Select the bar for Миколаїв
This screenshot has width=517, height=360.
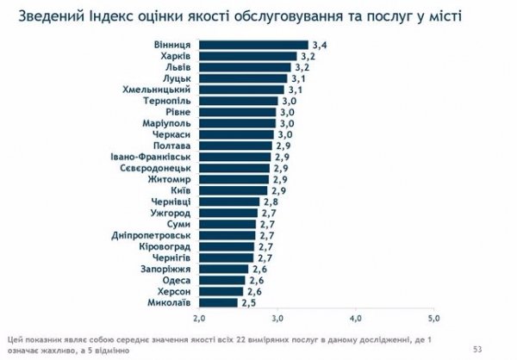coord(218,302)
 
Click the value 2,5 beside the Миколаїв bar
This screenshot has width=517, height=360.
coord(248,302)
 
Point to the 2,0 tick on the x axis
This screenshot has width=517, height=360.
coord(200,320)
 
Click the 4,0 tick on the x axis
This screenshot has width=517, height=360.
coord(356,320)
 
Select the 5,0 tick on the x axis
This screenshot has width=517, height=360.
coord(433,320)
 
